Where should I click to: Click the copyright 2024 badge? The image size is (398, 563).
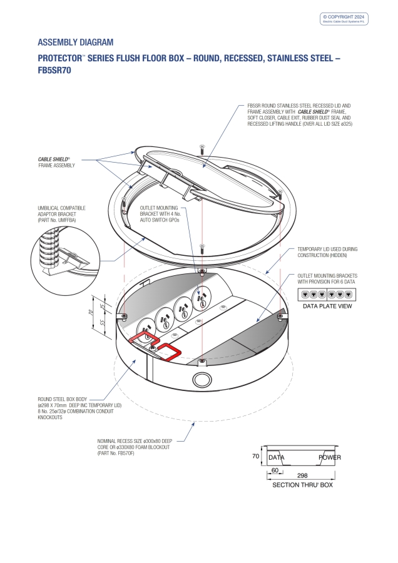pos(345,19)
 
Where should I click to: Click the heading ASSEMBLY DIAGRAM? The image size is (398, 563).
pos(76,43)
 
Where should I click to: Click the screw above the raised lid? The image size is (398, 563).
pos(202,149)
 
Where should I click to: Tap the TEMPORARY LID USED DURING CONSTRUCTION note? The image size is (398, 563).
pos(323,252)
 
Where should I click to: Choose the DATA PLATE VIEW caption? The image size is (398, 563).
pos(327,307)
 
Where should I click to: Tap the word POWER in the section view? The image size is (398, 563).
pos(330,457)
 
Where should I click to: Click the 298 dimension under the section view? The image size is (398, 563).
pos(302,475)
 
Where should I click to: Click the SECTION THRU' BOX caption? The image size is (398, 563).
pos(302,485)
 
